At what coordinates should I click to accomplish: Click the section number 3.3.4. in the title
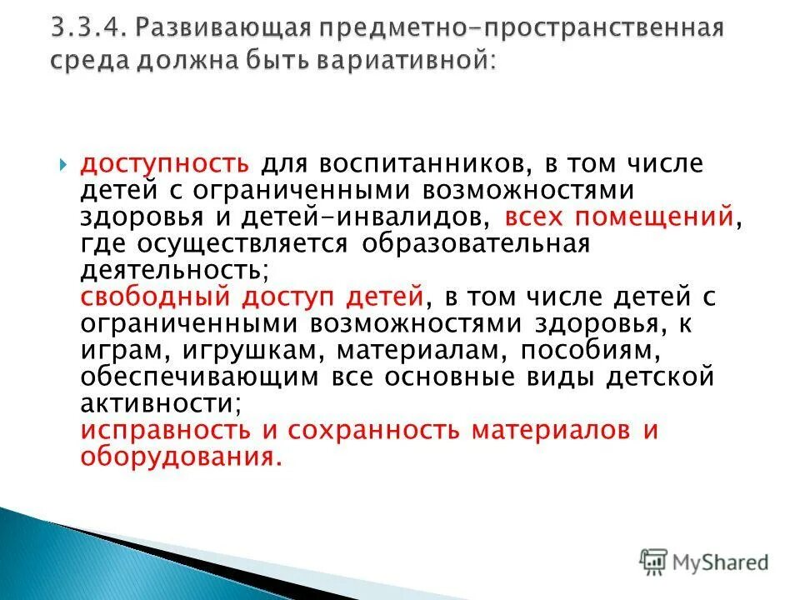[x=86, y=29]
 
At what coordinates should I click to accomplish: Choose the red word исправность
[x=165, y=431]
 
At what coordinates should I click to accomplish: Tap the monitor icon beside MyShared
[x=653, y=562]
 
